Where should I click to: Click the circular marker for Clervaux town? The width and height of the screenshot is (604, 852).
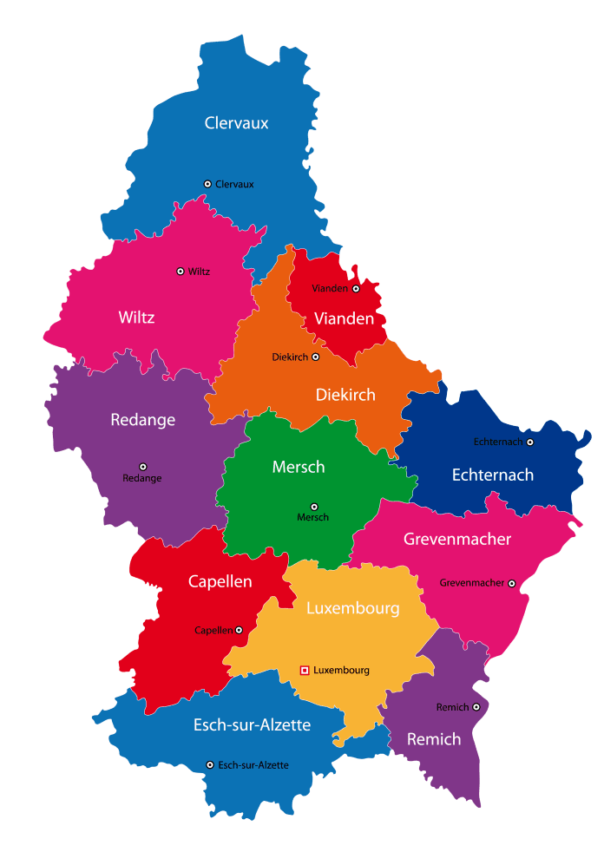pyautogui.click(x=207, y=184)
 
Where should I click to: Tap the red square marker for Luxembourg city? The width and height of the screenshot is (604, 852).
pyautogui.click(x=305, y=670)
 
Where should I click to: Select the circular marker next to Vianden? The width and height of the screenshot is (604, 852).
pyautogui.click(x=356, y=288)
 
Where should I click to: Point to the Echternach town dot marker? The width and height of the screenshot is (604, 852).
pyautogui.click(x=530, y=442)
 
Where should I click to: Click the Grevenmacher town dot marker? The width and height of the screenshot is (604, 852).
pyautogui.click(x=512, y=583)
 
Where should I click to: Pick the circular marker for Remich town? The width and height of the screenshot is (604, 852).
pyautogui.click(x=476, y=708)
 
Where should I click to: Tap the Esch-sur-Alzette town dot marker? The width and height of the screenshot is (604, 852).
pyautogui.click(x=210, y=764)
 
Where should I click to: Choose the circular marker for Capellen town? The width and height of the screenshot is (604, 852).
pyautogui.click(x=239, y=630)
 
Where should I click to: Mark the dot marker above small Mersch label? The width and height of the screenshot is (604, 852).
pyautogui.click(x=314, y=507)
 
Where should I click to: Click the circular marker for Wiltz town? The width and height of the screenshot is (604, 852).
pyautogui.click(x=181, y=272)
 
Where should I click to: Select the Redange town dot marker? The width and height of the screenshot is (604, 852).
pyautogui.click(x=143, y=467)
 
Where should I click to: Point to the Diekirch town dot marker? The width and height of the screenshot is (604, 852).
pyautogui.click(x=316, y=357)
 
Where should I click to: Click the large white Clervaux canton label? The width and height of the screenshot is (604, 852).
pyautogui.click(x=236, y=123)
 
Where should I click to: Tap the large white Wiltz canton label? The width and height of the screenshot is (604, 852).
pyautogui.click(x=136, y=318)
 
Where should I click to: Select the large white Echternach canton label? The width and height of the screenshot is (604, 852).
pyautogui.click(x=492, y=475)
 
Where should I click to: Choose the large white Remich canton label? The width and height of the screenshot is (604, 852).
pyautogui.click(x=434, y=740)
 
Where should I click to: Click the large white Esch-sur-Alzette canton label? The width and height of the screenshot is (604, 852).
pyautogui.click(x=252, y=724)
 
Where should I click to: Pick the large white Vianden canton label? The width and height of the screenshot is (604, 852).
pyautogui.click(x=344, y=318)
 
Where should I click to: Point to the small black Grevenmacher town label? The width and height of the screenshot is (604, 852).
pyautogui.click(x=471, y=583)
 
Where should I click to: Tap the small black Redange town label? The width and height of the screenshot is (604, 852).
pyautogui.click(x=141, y=478)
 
